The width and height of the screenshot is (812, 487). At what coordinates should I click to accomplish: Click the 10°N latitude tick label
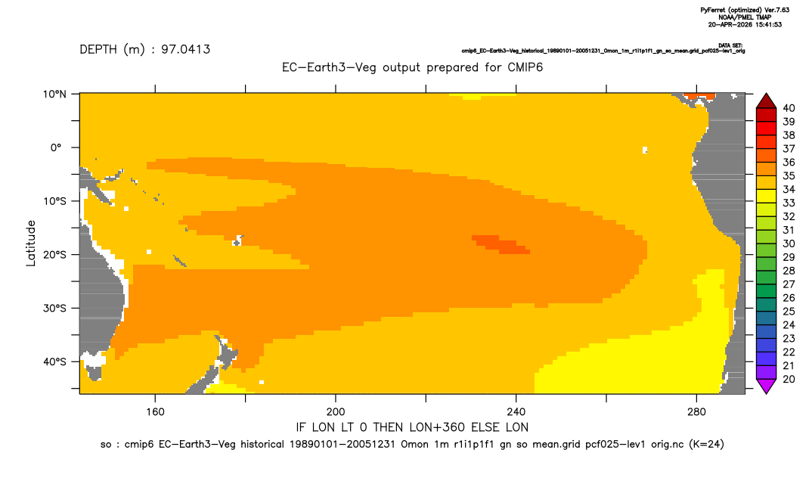pyautogui.click(x=54, y=94)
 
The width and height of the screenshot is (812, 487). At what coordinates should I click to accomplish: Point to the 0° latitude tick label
pyautogui.click(x=56, y=147)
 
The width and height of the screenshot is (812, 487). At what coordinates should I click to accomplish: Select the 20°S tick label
pyautogui.click(x=54, y=254)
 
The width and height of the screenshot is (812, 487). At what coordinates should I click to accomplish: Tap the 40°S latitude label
pyautogui.click(x=54, y=361)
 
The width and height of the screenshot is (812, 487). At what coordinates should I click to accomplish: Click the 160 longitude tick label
pyautogui.click(x=155, y=412)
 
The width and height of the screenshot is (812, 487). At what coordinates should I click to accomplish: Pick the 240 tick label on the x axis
pyautogui.click(x=516, y=412)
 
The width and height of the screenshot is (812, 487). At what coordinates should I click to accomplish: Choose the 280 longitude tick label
pyautogui.click(x=696, y=412)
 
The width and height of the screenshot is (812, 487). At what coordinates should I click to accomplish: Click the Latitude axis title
pyautogui.click(x=31, y=243)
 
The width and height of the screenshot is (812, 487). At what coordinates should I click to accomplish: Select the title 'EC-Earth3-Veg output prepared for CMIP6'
pyautogui.click(x=412, y=67)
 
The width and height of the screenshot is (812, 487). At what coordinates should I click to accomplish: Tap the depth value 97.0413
pyautogui.click(x=185, y=49)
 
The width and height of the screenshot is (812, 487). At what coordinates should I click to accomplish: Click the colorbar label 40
pyautogui.click(x=789, y=108)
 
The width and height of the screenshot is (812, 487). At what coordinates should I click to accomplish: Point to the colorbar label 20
pyautogui.click(x=789, y=379)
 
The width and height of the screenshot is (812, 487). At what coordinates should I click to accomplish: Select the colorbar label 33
pyautogui.click(x=789, y=203)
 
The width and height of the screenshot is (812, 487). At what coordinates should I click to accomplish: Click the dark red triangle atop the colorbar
pyautogui.click(x=766, y=102)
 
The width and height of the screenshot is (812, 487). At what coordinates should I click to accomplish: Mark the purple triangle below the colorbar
pyautogui.click(x=766, y=386)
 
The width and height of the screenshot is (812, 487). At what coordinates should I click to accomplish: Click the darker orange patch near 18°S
pyautogui.click(x=501, y=244)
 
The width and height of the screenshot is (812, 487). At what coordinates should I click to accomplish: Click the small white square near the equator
pyautogui.click(x=645, y=150)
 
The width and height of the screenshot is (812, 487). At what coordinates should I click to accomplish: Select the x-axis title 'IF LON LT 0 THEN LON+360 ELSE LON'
pyautogui.click(x=412, y=427)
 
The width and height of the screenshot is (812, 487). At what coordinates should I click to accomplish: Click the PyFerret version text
pyautogui.click(x=745, y=10)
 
